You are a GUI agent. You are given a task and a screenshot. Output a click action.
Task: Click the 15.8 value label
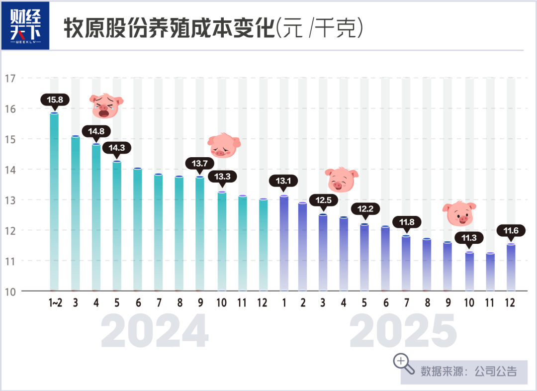click(x=55, y=99)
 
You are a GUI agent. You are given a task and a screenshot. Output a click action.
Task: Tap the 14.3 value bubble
click(x=117, y=147)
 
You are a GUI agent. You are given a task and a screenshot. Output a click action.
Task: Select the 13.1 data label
click(x=283, y=181)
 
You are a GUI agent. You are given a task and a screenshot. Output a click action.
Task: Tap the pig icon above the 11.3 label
click(x=459, y=213)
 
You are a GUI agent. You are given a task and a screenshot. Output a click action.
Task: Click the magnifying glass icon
click(x=404, y=364)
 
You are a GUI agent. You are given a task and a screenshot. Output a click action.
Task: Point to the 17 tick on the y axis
click(x=10, y=78)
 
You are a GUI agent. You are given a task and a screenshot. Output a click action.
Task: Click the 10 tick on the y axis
click(x=10, y=291)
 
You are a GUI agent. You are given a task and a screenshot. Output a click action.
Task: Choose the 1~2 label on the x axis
click(x=55, y=303)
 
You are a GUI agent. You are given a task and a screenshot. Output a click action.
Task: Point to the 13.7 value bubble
click(x=200, y=163)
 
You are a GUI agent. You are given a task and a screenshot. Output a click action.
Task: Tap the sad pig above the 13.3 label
click(x=223, y=145)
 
